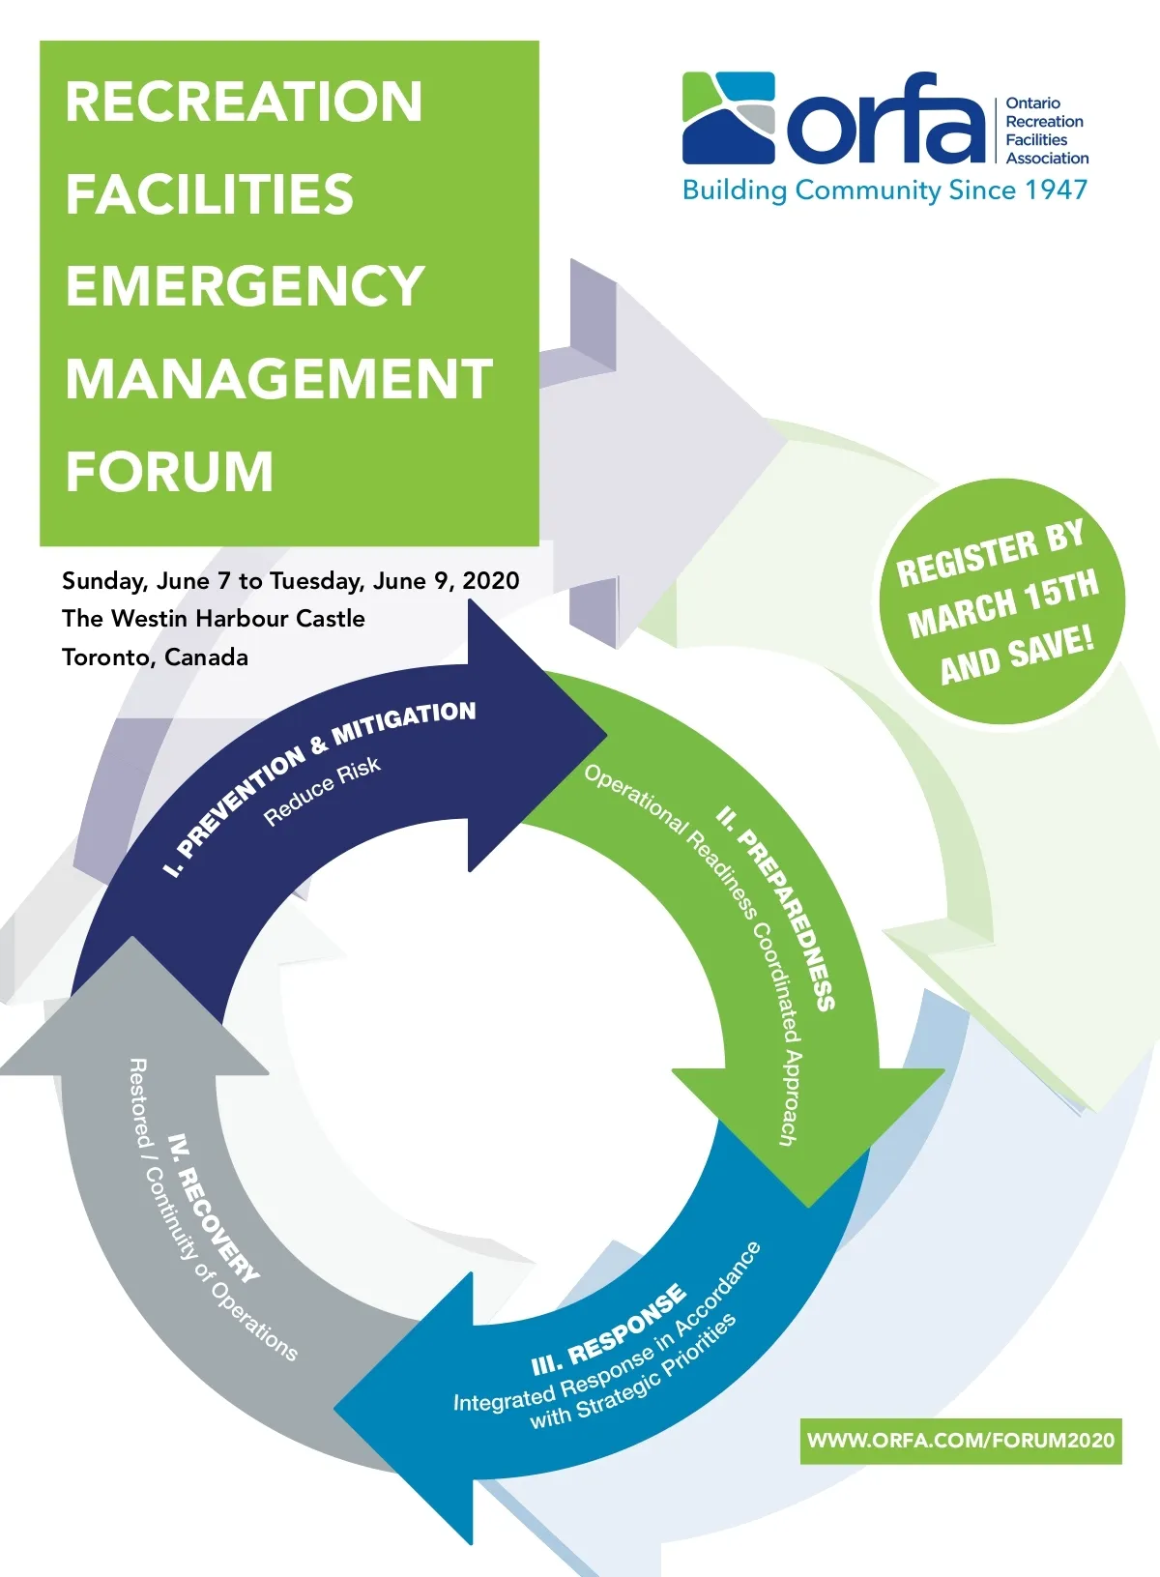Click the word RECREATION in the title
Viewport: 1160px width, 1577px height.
pyautogui.click(x=244, y=102)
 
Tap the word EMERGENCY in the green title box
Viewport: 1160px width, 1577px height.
pyautogui.click(x=246, y=286)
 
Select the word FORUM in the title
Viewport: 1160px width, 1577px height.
pyautogui.click(x=170, y=471)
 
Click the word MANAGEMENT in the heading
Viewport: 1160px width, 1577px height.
pyautogui.click(x=279, y=378)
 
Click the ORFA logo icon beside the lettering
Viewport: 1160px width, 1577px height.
pyautogui.click(x=729, y=117)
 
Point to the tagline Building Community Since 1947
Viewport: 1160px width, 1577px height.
pyautogui.click(x=884, y=190)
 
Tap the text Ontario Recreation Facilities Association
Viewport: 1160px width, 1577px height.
pyautogui.click(x=1045, y=131)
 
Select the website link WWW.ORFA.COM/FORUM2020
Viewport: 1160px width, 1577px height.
pyautogui.click(x=961, y=1441)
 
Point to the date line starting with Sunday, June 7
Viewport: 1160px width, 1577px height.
pyautogui.click(x=291, y=580)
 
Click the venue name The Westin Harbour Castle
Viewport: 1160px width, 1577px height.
pyautogui.click(x=214, y=619)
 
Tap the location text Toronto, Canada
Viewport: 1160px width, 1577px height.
pyautogui.click(x=156, y=657)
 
